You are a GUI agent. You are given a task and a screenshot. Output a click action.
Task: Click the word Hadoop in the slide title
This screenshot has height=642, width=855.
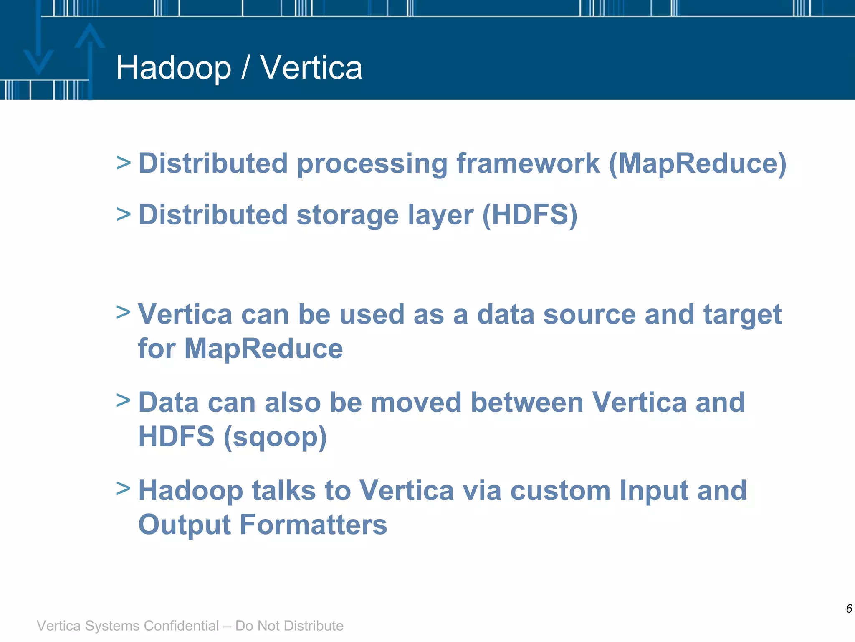coord(173,68)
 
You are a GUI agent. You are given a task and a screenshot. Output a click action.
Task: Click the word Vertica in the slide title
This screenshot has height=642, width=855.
coord(311,68)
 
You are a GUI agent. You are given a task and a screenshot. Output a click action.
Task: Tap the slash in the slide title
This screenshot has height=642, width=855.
coord(245,68)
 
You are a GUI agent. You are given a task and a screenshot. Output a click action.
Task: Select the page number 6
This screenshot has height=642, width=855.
coord(849,609)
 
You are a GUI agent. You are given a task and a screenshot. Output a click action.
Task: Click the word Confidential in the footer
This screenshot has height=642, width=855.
coord(181,626)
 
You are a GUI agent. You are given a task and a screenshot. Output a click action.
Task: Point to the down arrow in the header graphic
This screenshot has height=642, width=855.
coord(38,50)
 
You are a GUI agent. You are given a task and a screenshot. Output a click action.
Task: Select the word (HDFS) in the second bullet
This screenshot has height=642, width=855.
coord(530,215)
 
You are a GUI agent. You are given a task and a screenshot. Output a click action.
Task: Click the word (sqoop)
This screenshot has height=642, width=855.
coord(275,437)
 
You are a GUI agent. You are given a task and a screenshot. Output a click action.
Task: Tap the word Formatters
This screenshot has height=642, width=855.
coord(314,525)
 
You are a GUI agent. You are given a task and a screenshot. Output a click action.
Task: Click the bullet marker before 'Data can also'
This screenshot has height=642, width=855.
coord(123,400)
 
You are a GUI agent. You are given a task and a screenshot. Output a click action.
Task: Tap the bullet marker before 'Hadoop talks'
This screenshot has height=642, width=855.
coord(123,488)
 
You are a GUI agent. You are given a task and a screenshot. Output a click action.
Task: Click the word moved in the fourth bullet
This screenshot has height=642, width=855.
coord(416,403)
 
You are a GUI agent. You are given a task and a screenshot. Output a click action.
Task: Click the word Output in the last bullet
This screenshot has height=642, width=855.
coord(184,525)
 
